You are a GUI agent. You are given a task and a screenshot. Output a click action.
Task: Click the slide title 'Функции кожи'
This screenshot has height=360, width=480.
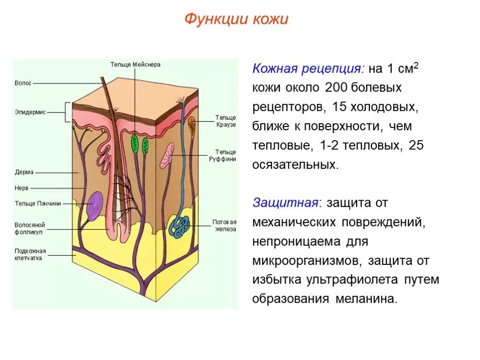coord(236,19)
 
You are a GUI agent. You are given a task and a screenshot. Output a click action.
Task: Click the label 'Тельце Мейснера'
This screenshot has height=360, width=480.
coord(135,65)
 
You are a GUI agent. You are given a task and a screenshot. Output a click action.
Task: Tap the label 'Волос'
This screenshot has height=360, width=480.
coord(23,83)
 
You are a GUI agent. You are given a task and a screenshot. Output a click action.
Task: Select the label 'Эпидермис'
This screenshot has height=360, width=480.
coord(30,112)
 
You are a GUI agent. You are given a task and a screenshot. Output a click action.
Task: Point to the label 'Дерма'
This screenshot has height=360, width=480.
coord(24,172)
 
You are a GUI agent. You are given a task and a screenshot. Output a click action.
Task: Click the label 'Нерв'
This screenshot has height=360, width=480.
coord(22,188)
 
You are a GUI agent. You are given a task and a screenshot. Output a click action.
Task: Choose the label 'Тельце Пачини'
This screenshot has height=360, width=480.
coord(38,203)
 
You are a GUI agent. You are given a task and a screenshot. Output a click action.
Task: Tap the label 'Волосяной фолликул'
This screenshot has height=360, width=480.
coord(30,228)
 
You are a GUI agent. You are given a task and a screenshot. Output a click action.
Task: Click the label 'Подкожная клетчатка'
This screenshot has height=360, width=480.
coord(30,254)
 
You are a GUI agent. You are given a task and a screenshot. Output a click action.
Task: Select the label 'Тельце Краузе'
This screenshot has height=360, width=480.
coord(225,121)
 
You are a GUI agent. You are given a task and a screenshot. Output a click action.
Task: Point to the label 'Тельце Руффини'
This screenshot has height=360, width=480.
coord(225,156)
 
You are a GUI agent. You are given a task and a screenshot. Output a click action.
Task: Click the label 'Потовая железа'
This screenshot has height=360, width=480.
coord(224,225)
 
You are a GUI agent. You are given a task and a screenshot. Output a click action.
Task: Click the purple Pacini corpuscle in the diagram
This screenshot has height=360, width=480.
coord(96,204)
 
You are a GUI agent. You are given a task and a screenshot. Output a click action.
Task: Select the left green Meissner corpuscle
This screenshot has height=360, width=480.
coord(135,144)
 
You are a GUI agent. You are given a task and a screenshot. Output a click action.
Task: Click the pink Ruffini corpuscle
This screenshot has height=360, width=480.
coord(167,156)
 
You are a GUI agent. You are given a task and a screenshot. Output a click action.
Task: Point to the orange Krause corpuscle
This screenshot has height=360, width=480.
coord(192,123)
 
